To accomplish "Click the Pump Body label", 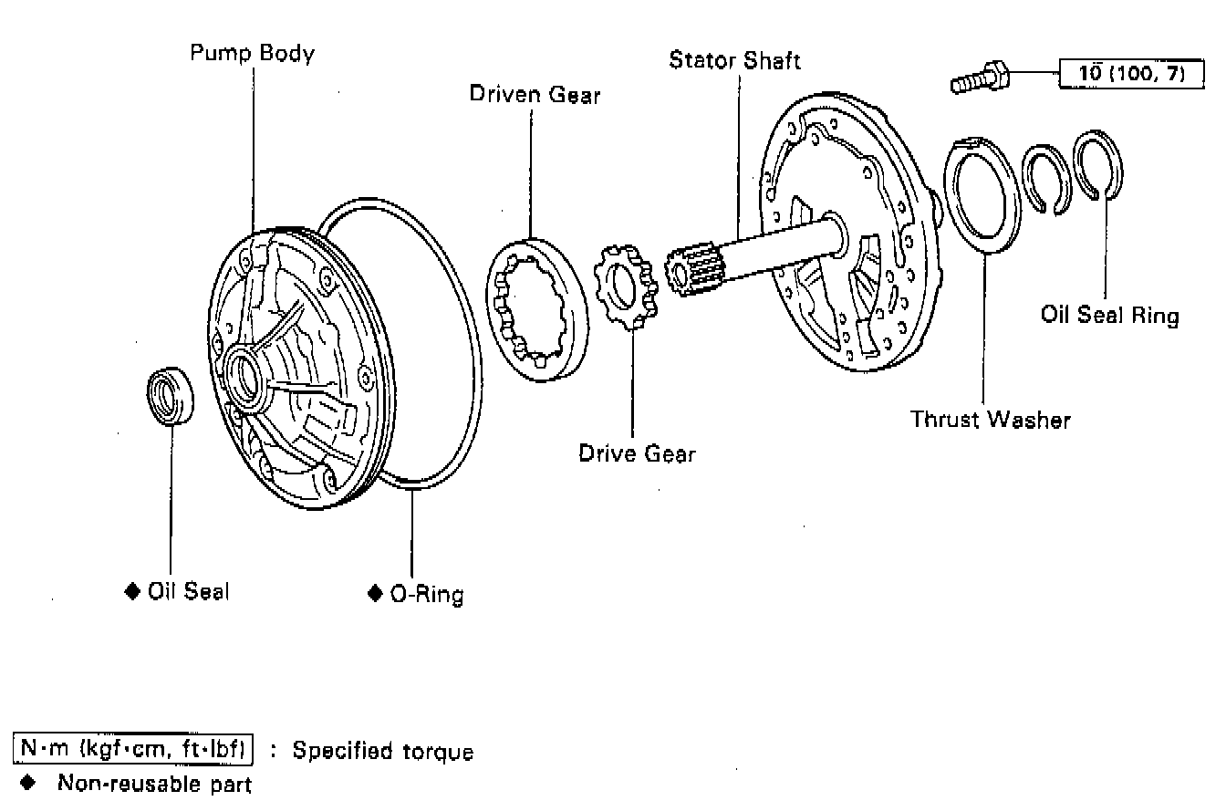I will click(252, 53).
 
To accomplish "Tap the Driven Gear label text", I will click(535, 94).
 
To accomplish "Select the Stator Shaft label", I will click(734, 61).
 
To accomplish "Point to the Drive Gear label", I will click(637, 453).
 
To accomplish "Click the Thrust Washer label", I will click(990, 420).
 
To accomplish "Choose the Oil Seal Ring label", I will click(1109, 316).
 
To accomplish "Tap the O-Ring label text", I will click(426, 594).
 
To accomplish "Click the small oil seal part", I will click(170, 394).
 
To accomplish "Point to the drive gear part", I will click(625, 286).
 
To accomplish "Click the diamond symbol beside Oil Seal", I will click(132, 591).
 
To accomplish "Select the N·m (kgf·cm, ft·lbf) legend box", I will click(134, 750).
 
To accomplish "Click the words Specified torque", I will click(383, 752).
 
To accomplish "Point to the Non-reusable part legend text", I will click(154, 783).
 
